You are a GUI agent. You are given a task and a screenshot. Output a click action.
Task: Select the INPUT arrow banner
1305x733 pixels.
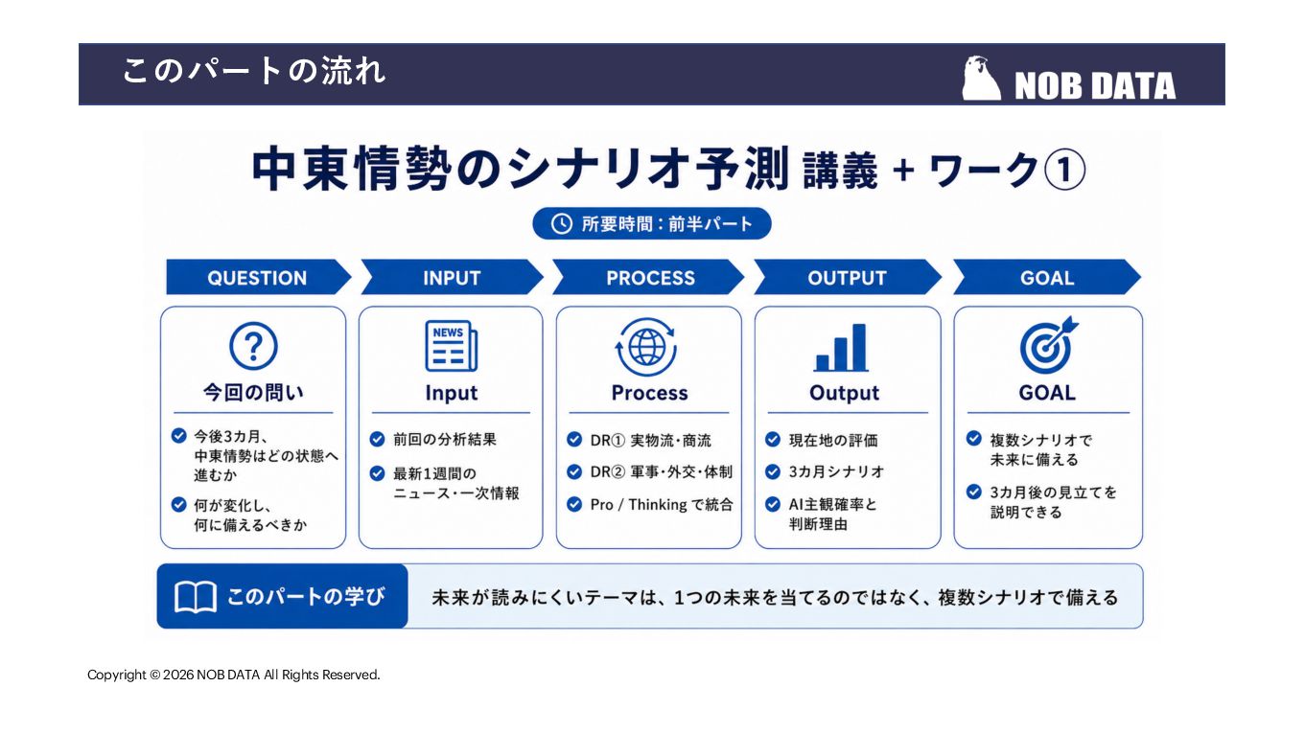(x=452, y=277)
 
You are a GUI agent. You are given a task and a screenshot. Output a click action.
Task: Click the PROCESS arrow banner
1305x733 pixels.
(x=648, y=277)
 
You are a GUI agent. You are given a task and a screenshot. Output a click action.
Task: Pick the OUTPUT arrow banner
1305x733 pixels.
(x=848, y=277)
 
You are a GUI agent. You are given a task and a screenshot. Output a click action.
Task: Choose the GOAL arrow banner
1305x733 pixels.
(x=1047, y=277)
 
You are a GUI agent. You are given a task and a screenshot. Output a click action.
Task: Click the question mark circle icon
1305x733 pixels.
(x=253, y=347)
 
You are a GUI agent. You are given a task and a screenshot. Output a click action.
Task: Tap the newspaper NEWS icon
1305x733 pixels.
(x=451, y=346)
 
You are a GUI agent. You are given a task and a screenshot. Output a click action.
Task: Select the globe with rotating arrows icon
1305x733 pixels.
(x=646, y=347)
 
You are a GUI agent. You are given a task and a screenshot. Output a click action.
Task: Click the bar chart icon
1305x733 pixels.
(x=841, y=348)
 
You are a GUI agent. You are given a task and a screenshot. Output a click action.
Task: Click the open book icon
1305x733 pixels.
(x=196, y=597)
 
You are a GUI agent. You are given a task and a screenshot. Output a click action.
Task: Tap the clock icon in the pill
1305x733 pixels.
(x=562, y=224)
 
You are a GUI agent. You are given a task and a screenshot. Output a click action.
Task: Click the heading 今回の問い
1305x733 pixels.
(x=253, y=393)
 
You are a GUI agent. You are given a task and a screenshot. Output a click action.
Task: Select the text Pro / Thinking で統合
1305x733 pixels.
(x=662, y=504)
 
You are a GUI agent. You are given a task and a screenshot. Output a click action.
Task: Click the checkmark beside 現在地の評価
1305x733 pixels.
(x=773, y=439)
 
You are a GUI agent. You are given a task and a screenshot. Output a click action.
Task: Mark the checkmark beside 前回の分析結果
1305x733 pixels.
(x=377, y=439)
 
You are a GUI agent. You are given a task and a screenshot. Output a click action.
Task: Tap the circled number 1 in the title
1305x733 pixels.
(x=1064, y=170)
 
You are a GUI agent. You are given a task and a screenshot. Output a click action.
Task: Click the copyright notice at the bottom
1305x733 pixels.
(x=234, y=675)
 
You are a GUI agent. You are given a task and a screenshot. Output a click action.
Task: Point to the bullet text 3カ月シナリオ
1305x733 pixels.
(x=836, y=471)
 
